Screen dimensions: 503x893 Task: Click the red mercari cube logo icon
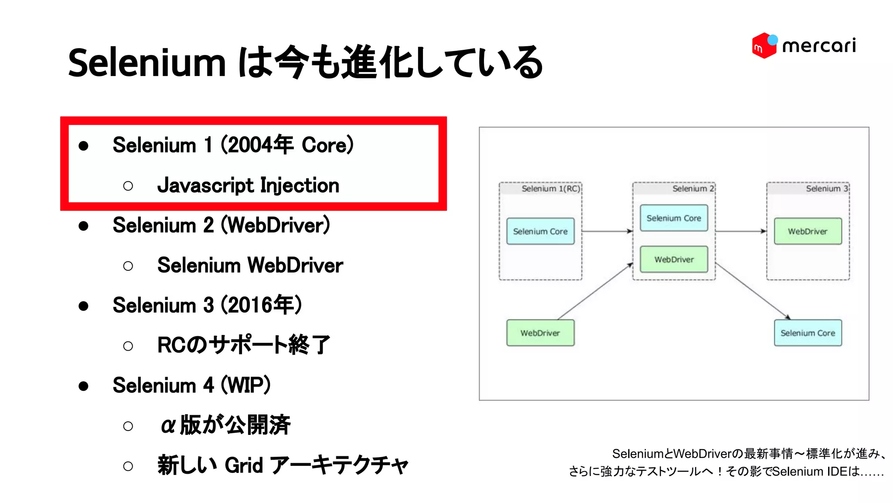click(763, 45)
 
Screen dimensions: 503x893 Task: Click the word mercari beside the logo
click(819, 46)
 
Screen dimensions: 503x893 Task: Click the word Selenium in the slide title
click(147, 63)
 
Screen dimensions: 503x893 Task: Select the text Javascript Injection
click(248, 186)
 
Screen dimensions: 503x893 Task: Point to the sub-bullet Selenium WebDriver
click(250, 265)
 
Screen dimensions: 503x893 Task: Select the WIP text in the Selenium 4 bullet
click(246, 385)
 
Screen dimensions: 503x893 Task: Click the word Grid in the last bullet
click(244, 465)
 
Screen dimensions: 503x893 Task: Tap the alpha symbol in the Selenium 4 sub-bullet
click(168, 425)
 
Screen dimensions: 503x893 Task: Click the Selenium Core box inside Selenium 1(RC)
click(540, 231)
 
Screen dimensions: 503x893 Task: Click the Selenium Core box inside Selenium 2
click(674, 218)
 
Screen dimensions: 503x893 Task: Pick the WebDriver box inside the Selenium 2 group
click(674, 259)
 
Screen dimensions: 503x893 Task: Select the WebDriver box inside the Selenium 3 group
click(808, 231)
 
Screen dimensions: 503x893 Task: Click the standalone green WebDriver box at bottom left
click(540, 333)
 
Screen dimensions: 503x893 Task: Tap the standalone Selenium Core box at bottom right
click(808, 333)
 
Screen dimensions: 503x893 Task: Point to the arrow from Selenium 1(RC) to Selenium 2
click(607, 231)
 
